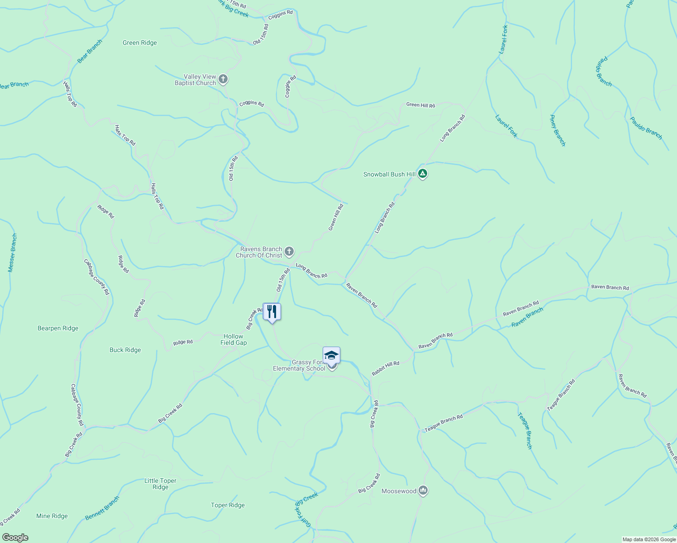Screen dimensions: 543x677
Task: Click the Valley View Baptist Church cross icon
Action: point(223,80)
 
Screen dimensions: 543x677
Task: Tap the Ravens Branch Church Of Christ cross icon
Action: point(289,252)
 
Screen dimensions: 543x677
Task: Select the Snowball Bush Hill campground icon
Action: point(422,174)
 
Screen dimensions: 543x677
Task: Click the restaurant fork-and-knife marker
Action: point(272,312)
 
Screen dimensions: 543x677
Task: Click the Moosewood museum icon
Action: point(423,491)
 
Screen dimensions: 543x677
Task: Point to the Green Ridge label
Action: point(140,43)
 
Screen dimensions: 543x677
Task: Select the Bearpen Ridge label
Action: point(58,329)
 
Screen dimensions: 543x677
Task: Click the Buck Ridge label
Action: point(125,350)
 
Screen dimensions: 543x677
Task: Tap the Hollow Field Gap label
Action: point(234,339)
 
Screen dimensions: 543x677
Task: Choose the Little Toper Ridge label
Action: point(160,484)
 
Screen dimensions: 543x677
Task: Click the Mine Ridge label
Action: point(52,516)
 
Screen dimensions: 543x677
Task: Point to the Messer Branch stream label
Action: point(12,253)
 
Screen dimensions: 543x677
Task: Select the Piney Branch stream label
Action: point(557,131)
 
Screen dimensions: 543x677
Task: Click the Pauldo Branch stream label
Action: point(646,128)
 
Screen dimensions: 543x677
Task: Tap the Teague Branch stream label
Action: point(525,430)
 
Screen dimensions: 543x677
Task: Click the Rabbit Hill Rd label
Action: point(386,368)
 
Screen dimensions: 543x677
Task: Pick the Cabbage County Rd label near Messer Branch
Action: point(96,277)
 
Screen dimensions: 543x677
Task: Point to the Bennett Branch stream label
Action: point(102,508)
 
